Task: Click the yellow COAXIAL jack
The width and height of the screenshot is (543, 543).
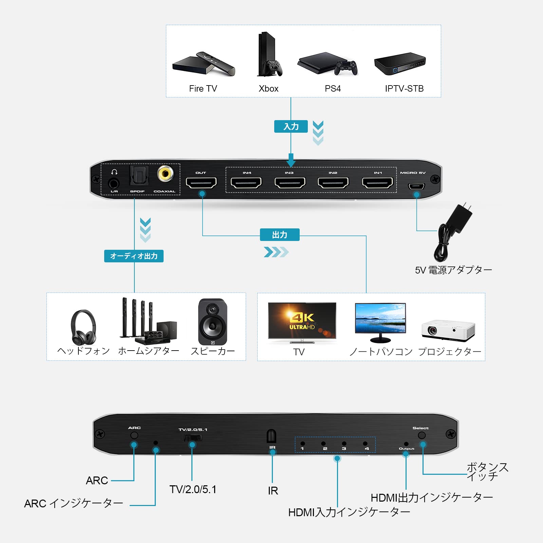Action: tap(165, 174)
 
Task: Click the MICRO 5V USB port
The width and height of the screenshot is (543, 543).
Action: tap(416, 186)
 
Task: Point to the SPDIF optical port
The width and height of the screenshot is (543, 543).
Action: tap(139, 176)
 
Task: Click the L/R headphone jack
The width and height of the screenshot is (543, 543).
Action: tap(114, 184)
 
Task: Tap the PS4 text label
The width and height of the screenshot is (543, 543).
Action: tap(333, 89)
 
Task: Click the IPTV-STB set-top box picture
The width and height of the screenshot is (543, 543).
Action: tap(400, 63)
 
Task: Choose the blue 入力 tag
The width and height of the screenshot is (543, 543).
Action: tap(291, 127)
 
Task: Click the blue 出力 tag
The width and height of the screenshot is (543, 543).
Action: tap(280, 235)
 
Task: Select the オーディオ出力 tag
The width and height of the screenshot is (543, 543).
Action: tap(134, 256)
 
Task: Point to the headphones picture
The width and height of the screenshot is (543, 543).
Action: tap(83, 327)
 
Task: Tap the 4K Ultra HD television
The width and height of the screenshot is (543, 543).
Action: tap(302, 322)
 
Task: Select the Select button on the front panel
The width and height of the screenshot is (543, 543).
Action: tap(422, 435)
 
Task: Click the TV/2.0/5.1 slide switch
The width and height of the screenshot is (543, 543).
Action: tap(193, 438)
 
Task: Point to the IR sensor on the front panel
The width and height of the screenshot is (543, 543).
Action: tap(271, 436)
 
